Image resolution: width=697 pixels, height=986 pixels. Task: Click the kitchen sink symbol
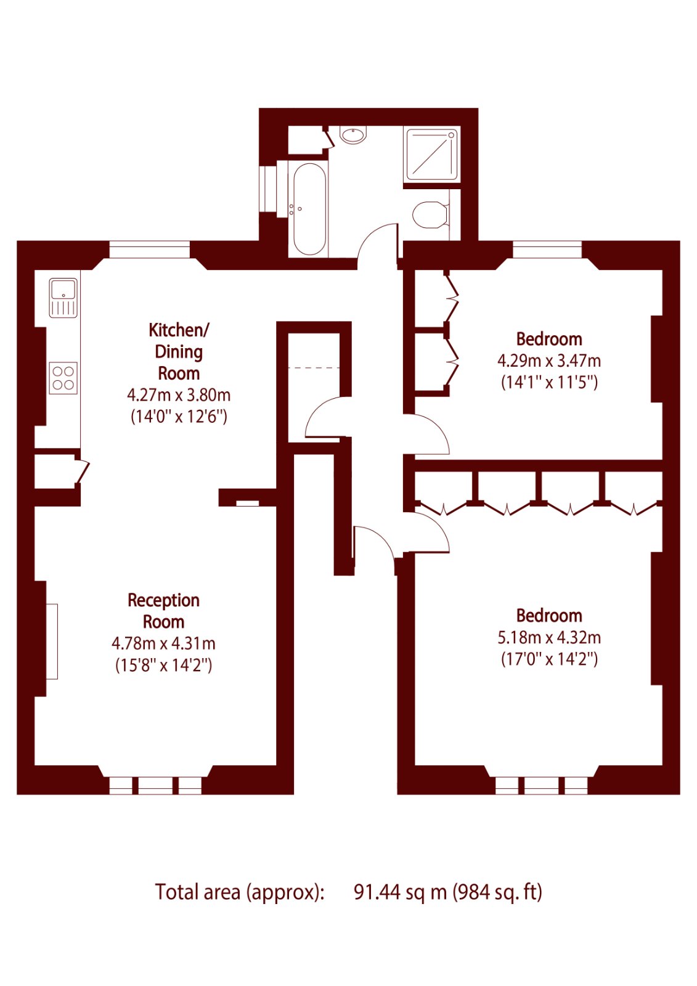tap(63, 298)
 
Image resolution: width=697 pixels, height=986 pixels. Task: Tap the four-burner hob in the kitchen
tap(63, 378)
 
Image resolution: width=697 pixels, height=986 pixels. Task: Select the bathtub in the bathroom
tap(309, 209)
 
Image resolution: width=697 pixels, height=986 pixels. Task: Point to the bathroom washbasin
tap(354, 135)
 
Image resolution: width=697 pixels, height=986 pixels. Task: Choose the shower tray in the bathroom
tap(431, 154)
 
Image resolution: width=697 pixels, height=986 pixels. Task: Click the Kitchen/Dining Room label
tap(179, 351)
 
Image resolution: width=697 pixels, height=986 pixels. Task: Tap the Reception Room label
tap(163, 611)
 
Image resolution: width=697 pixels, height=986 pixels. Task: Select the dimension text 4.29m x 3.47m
tap(549, 361)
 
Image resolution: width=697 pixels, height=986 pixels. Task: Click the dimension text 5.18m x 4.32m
tap(549, 638)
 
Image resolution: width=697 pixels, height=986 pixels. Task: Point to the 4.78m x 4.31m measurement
tap(163, 643)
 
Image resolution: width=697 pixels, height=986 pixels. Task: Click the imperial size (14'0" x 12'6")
tap(179, 416)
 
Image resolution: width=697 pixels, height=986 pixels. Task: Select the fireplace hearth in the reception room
tap(52, 642)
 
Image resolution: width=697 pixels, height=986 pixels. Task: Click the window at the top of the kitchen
tap(150, 249)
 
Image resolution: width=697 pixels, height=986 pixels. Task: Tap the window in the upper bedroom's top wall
tap(547, 249)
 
